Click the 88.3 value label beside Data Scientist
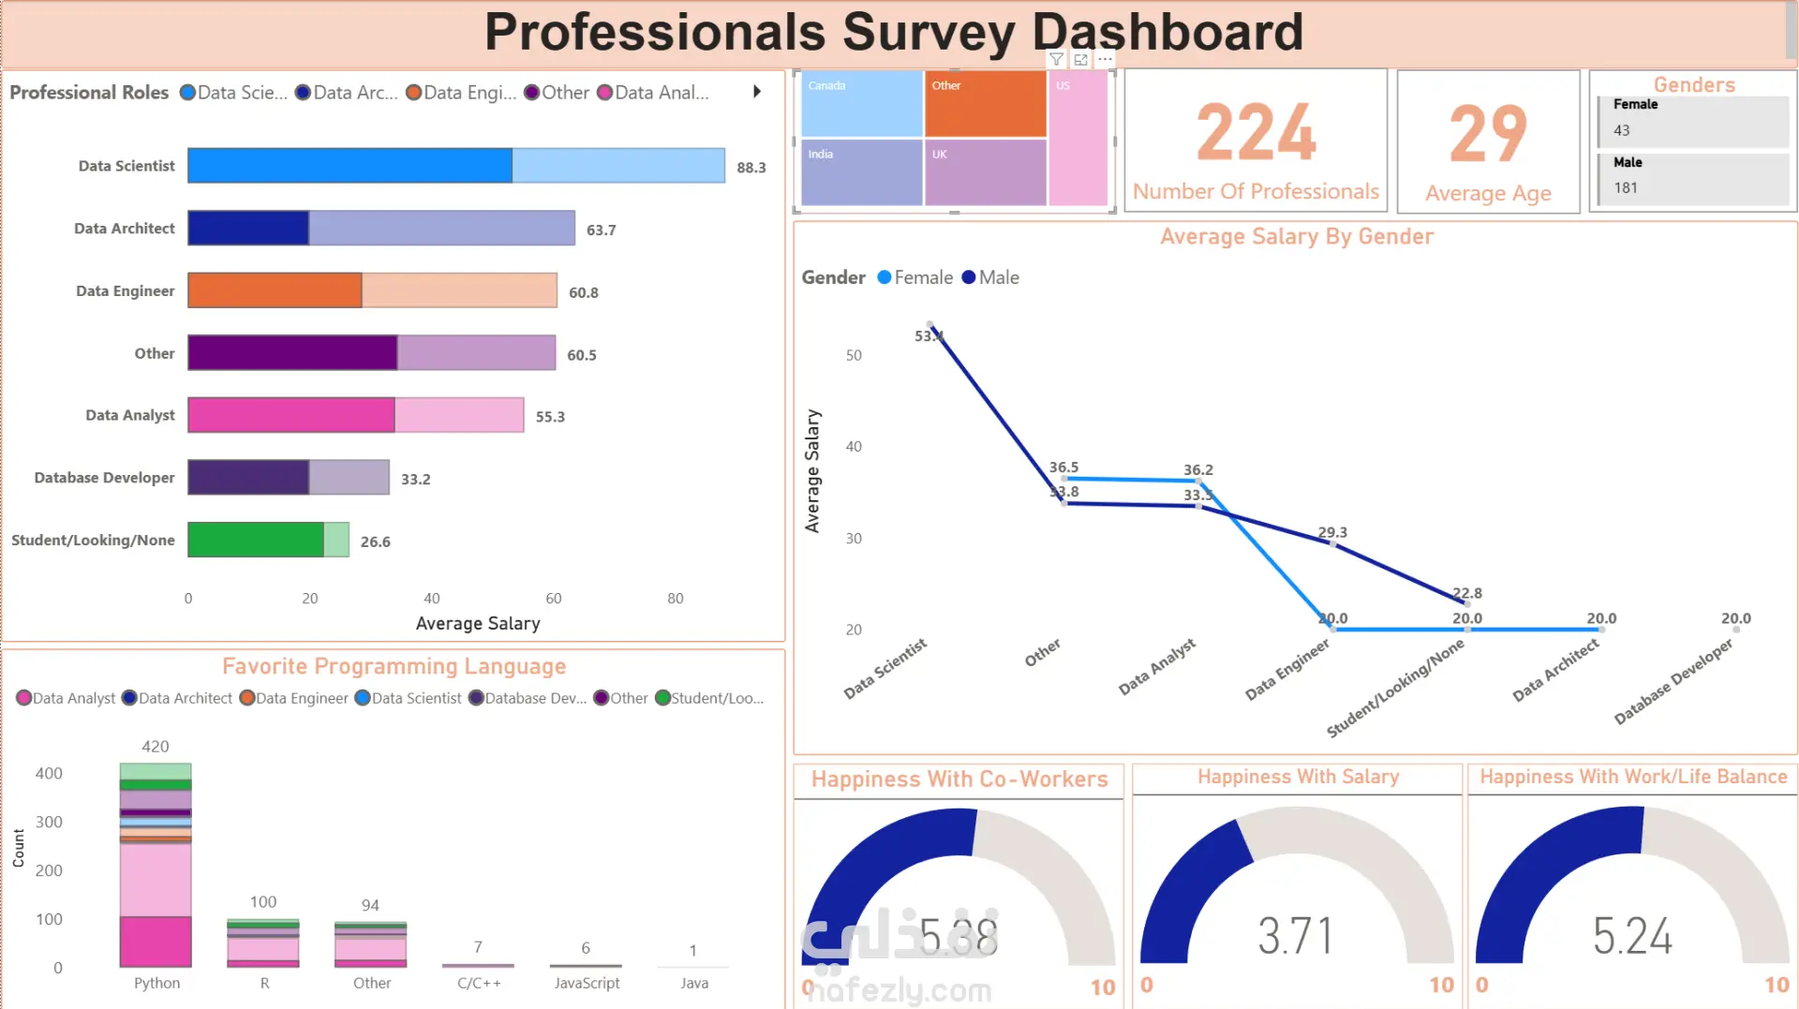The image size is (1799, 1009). click(x=751, y=168)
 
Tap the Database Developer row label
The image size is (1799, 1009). click(x=104, y=478)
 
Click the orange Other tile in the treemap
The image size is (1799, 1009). click(x=985, y=104)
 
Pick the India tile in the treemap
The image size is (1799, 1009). click(x=861, y=172)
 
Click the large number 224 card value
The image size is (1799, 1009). click(x=1256, y=134)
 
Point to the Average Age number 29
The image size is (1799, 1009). click(x=1488, y=134)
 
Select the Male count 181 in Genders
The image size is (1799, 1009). click(x=1626, y=188)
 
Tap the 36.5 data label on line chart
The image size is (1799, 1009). click(x=1063, y=467)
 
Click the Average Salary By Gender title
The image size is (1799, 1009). click(x=1297, y=237)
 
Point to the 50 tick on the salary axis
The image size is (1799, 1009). click(x=854, y=356)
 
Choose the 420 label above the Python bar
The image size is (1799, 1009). click(x=156, y=747)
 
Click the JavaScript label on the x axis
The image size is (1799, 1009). click(x=587, y=983)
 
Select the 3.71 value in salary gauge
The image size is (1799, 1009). click(x=1295, y=936)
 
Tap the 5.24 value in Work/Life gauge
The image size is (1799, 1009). click(x=1632, y=936)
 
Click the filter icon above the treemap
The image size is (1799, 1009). click(x=1056, y=60)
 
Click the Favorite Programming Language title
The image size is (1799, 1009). click(x=394, y=666)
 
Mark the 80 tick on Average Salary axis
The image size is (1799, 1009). click(x=675, y=599)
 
